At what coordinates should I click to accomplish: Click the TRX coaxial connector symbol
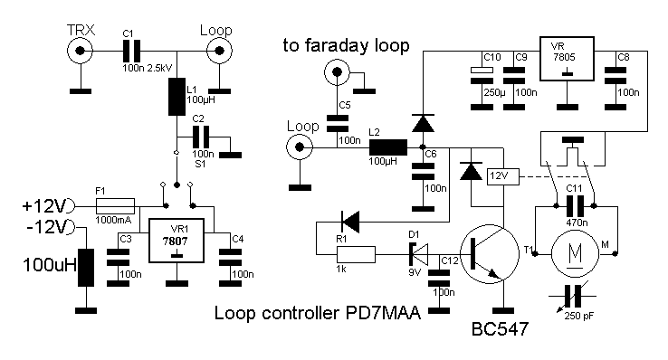[80, 51]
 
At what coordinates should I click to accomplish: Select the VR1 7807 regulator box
[176, 241]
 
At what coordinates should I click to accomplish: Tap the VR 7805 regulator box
[567, 59]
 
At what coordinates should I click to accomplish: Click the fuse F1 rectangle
[116, 206]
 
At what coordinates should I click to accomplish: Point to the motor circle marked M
[575, 254]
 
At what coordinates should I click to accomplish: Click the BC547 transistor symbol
[490, 254]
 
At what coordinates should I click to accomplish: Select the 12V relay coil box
[503, 176]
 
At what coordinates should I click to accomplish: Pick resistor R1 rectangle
[356, 254]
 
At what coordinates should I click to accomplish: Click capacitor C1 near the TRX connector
[131, 51]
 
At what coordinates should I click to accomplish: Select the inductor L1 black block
[177, 97]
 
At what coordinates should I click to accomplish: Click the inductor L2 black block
[388, 147]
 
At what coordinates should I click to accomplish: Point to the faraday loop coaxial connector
[337, 72]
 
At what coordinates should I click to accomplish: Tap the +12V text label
[44, 206]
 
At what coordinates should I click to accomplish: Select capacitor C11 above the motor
[575, 206]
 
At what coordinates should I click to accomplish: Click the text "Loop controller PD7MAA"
[318, 313]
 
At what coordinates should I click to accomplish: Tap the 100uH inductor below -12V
[86, 268]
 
